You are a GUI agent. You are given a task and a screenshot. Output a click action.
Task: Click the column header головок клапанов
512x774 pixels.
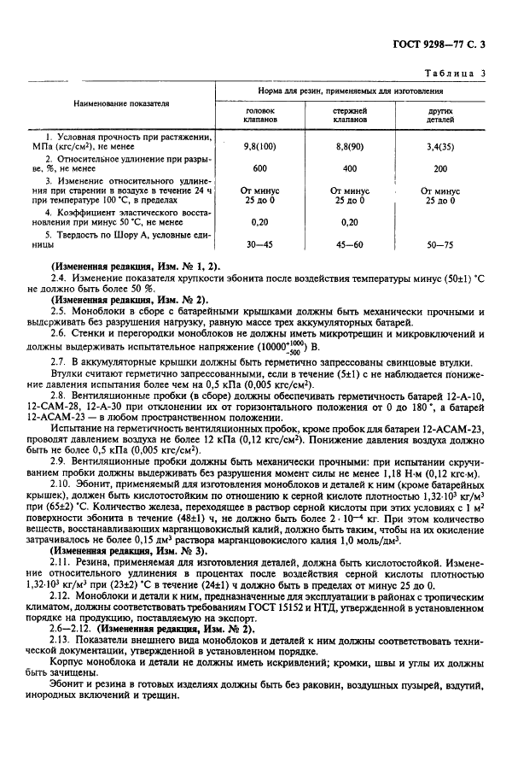tap(261, 115)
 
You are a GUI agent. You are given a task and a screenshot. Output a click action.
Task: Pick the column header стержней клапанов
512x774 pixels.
tap(350, 115)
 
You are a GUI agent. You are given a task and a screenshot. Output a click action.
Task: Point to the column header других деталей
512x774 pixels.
tap(440, 115)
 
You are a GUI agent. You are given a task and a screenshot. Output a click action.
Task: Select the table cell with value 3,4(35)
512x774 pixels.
tap(440, 147)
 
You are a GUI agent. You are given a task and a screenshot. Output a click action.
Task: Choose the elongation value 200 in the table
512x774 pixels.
tap(440, 168)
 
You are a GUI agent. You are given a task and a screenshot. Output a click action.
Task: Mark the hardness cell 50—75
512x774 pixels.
tap(440, 243)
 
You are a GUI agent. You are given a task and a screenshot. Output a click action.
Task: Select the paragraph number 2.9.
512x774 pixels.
tap(60, 460)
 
